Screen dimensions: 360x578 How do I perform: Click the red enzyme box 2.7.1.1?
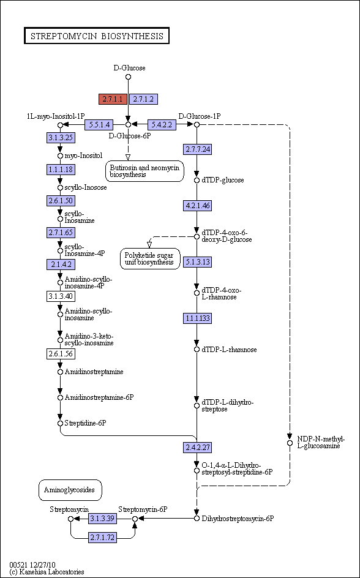(113, 99)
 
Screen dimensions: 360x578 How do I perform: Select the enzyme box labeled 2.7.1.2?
(143, 99)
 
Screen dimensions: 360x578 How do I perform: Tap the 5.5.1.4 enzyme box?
(99, 124)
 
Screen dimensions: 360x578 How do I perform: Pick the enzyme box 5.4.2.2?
(162, 124)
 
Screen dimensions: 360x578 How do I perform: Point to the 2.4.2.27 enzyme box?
(198, 448)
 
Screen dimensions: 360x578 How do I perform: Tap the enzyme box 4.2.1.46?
(198, 205)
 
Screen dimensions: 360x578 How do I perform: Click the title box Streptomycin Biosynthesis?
(97, 36)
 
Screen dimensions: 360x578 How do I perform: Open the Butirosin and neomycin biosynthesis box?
(144, 171)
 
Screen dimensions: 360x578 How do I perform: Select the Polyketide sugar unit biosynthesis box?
(150, 259)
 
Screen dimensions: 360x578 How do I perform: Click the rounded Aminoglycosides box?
(70, 490)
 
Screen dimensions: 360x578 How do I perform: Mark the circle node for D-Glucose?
(128, 77)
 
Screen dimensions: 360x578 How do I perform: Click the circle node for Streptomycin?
(71, 519)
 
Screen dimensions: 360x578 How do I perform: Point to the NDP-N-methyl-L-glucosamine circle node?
(290, 443)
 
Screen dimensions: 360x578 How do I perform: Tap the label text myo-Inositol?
(84, 155)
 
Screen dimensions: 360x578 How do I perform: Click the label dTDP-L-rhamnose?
(229, 350)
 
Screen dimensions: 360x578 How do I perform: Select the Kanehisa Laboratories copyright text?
(47, 572)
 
